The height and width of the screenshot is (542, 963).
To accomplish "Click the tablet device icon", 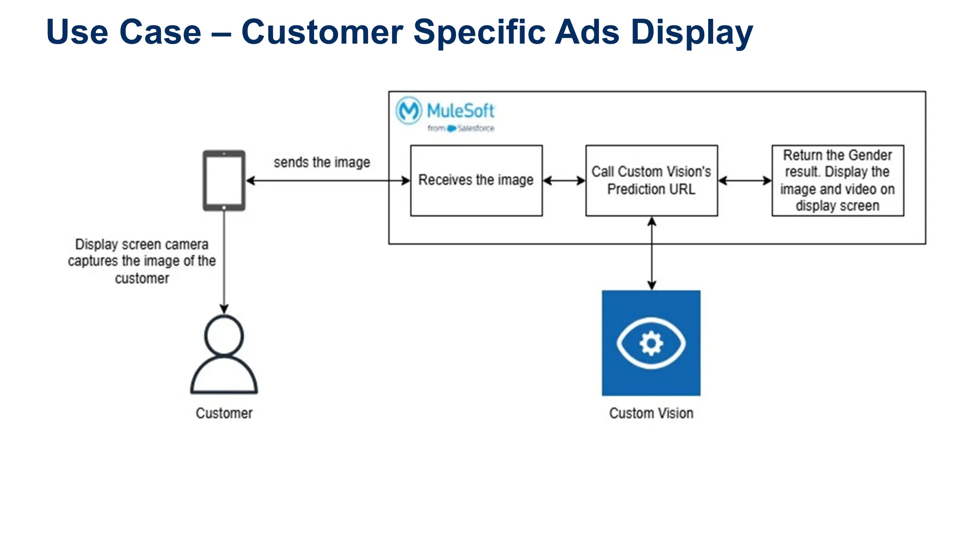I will tap(224, 181).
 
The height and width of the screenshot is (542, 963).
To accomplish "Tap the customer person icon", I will tap(224, 355).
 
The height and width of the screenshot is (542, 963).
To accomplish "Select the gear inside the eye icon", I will tap(651, 343).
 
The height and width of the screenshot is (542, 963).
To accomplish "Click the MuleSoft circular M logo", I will tap(408, 111).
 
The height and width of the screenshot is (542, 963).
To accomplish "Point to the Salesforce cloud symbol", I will tap(451, 128).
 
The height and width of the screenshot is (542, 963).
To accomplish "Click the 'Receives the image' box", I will tap(476, 181).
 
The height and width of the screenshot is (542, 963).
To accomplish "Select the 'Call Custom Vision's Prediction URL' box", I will tap(651, 181).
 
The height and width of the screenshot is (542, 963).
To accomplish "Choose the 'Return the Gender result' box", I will tap(837, 181).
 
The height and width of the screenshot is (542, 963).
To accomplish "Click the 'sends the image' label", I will tap(322, 162).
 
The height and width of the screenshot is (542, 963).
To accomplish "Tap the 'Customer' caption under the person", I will tap(224, 413).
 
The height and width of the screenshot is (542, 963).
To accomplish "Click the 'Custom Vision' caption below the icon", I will tap(651, 413).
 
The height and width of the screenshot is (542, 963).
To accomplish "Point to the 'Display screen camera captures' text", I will tap(142, 261).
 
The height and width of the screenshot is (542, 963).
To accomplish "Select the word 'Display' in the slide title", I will tap(691, 32).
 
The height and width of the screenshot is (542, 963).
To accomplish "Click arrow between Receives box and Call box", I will tap(564, 181).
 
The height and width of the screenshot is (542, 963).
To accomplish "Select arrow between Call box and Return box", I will tap(745, 181).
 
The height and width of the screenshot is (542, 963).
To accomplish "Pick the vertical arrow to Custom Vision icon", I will tap(652, 254).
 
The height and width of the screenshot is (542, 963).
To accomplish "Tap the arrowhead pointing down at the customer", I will tap(224, 309).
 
